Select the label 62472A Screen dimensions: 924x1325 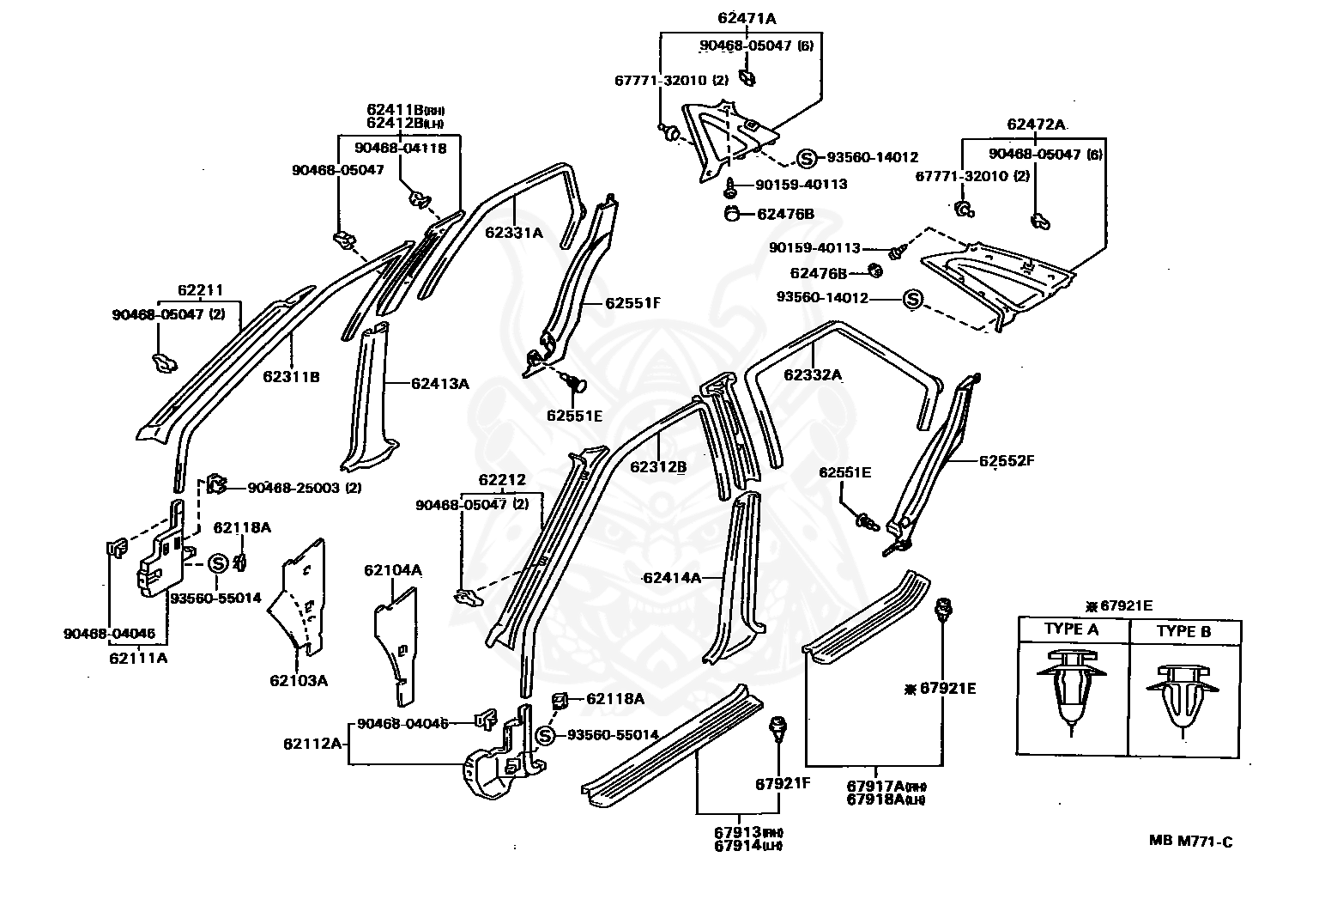tap(1036, 125)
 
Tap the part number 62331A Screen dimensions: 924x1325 tap(514, 232)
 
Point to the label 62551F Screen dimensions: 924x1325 tap(634, 303)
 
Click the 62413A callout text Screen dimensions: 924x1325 tap(439, 384)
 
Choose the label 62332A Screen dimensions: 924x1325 tap(813, 374)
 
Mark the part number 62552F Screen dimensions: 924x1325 tap(1007, 460)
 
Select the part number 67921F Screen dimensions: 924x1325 tap(782, 783)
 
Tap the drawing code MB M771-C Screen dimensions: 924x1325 tap(1190, 842)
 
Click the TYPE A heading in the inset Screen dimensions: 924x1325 tap(1071, 629)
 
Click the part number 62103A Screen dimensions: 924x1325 tap(299, 681)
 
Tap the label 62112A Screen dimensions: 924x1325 tap(312, 743)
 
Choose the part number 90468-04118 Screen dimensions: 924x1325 tap(401, 149)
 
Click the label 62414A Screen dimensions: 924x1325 tap(672, 578)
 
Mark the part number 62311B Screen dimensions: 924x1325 tap(291, 376)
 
